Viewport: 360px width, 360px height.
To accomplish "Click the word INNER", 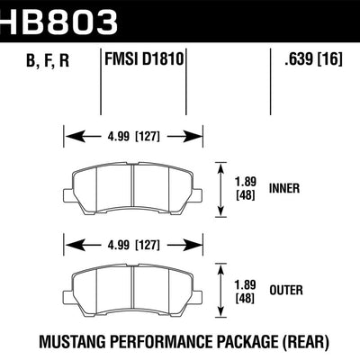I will tap(287, 190).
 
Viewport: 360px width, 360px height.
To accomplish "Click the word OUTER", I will tap(287, 291).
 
